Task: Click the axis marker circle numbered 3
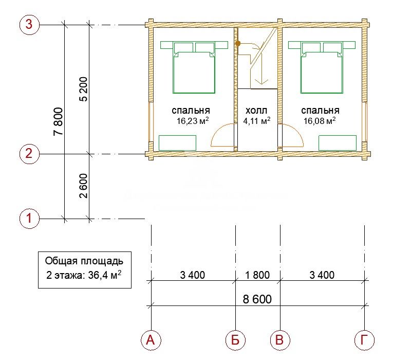[29, 24]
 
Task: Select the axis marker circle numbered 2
[29, 153]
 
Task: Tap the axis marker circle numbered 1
[29, 218]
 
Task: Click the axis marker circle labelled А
[151, 340]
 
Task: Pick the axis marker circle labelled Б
[235, 340]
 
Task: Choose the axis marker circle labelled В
[280, 340]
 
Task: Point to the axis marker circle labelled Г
[364, 340]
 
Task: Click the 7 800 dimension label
[59, 121]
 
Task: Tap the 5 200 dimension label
[83, 89]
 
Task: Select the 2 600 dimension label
[83, 186]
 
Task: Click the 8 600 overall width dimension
[257, 299]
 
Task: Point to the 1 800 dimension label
[257, 275]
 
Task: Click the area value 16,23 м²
[193, 121]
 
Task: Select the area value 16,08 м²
[320, 121]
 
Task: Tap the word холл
[256, 111]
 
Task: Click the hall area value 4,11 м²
[257, 121]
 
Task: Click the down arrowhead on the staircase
[261, 82]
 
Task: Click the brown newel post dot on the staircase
[238, 43]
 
